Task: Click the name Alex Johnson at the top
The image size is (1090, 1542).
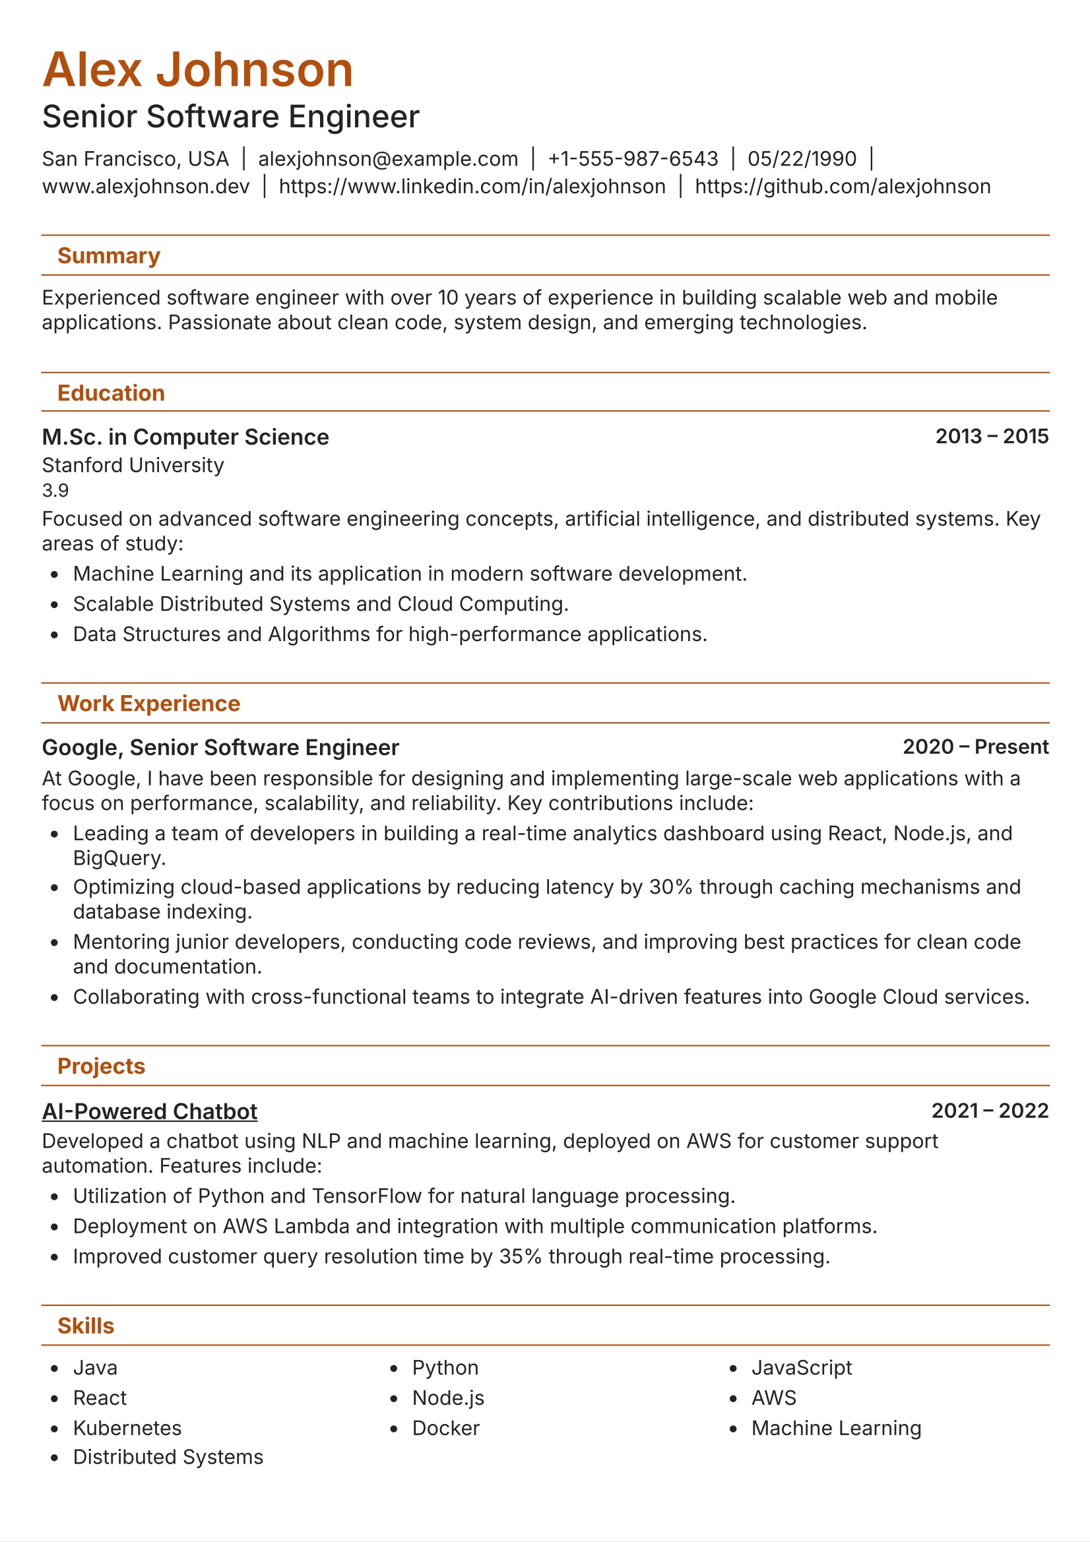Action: [197, 70]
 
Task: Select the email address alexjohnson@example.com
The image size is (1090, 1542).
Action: [388, 159]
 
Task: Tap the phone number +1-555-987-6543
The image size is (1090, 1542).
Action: [632, 159]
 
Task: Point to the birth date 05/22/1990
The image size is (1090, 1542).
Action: [802, 159]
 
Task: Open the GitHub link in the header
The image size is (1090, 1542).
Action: [842, 187]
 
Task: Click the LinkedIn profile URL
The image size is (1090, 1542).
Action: [472, 187]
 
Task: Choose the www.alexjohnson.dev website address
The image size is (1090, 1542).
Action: [145, 187]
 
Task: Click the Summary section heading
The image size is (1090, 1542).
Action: [108, 256]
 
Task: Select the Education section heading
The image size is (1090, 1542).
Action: [111, 393]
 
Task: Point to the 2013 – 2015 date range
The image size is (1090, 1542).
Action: [991, 437]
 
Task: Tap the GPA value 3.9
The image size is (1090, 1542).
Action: [55, 490]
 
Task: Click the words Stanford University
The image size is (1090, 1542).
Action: [133, 465]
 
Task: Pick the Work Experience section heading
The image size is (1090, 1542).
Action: [148, 703]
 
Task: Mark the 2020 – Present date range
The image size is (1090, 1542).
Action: [975, 747]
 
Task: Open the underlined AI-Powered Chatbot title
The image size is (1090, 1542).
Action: [149, 1111]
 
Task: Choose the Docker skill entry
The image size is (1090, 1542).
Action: [445, 1428]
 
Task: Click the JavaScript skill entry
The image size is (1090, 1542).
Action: [801, 1367]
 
